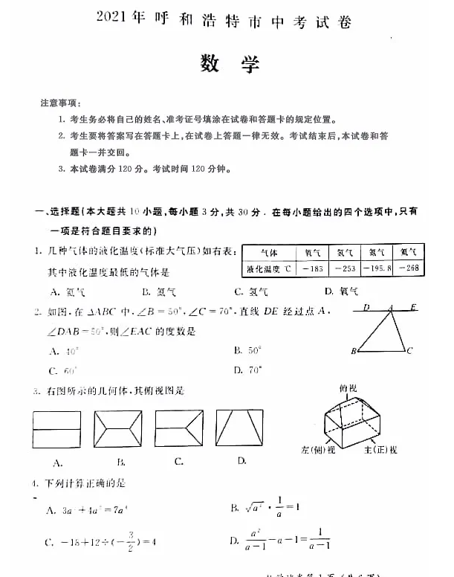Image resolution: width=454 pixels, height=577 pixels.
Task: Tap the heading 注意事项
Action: [61, 103]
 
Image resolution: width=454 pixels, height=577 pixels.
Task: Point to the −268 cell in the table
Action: [409, 268]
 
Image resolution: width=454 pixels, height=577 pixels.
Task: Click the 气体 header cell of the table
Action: [269, 252]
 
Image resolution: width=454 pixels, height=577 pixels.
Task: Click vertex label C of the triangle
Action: [410, 349]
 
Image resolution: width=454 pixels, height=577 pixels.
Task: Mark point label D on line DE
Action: [366, 306]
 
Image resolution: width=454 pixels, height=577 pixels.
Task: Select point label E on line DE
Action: [413, 306]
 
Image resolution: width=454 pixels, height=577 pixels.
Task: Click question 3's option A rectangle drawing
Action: [56, 430]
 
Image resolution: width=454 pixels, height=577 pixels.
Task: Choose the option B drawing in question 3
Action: [118, 429]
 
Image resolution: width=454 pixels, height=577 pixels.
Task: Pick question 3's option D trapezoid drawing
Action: [240, 428]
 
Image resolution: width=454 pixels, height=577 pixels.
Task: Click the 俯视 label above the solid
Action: [348, 388]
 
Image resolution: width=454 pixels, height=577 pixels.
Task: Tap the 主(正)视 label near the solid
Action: [381, 449]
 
